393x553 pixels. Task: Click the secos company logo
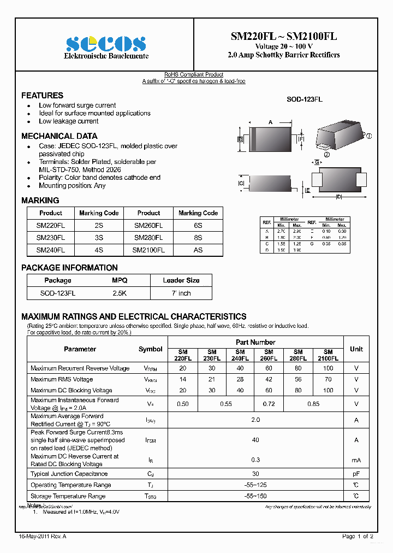pos(106,44)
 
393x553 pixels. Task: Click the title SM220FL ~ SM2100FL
pos(283,36)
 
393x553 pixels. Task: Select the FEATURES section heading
pos(42,95)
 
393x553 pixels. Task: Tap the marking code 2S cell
pos(99,225)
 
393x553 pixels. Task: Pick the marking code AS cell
pos(198,250)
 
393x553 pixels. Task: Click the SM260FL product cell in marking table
pos(148,225)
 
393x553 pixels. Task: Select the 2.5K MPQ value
pos(120,293)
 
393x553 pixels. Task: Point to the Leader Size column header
pos(181,280)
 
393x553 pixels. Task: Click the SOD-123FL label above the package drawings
pos(304,99)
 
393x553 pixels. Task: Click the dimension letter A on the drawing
pos(270,122)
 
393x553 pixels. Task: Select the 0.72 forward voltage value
pos(269,404)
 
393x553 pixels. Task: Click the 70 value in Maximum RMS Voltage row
pos(328,379)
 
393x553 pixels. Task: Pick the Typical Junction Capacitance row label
pos(69,474)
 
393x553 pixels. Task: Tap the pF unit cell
pos(356,474)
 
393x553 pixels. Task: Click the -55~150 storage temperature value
pos(255,496)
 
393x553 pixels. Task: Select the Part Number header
pos(255,342)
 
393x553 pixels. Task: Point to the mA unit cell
pos(356,460)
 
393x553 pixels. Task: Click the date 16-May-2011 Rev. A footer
pos(43,537)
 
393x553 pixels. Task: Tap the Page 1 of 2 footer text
pos(358,537)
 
